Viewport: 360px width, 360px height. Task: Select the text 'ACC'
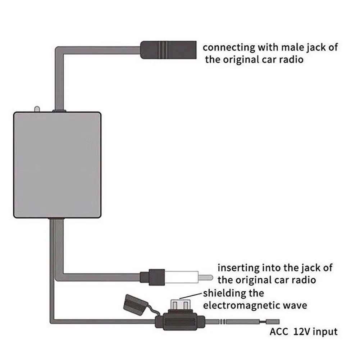tap(279, 331)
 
